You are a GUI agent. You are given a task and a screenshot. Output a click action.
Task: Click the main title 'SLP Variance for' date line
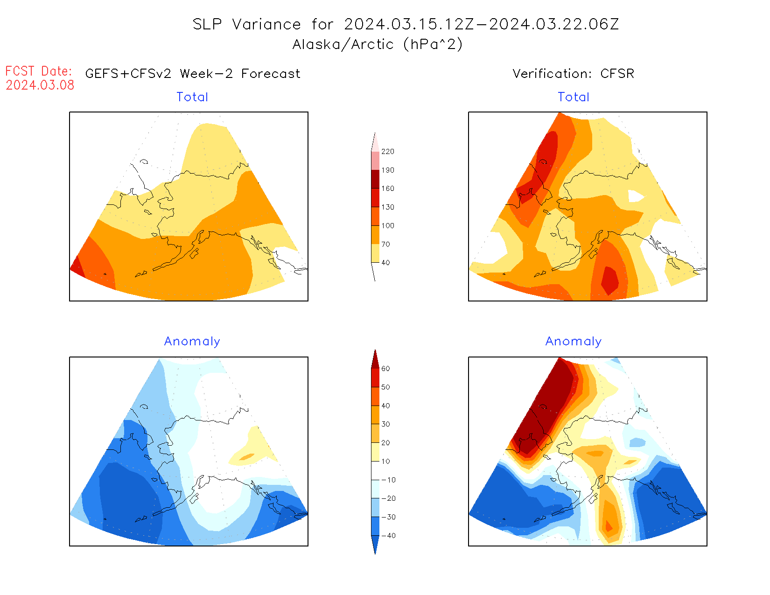click(406, 24)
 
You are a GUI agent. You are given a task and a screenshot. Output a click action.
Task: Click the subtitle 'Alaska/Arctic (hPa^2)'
click(378, 44)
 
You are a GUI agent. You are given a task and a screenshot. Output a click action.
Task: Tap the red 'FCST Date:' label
click(39, 71)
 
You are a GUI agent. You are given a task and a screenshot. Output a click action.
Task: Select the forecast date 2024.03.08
click(40, 85)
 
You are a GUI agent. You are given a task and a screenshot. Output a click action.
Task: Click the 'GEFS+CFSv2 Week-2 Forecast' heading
click(193, 74)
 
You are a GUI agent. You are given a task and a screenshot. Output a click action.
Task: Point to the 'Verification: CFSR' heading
click(573, 74)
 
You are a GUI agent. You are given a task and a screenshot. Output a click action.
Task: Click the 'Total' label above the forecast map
click(192, 97)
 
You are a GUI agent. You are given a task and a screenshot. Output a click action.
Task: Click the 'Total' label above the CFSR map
click(574, 97)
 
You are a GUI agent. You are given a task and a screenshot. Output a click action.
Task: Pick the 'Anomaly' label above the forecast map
click(192, 342)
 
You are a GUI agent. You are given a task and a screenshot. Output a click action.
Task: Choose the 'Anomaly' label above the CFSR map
click(574, 342)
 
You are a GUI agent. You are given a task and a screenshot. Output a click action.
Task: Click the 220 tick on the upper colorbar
click(387, 152)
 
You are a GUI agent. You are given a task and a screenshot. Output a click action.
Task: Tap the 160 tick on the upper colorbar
click(387, 189)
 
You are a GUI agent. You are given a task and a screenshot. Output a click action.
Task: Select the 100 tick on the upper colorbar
click(387, 226)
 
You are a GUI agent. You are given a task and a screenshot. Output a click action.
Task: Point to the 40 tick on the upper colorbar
click(385, 263)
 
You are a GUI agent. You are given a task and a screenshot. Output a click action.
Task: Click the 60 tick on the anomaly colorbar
click(385, 369)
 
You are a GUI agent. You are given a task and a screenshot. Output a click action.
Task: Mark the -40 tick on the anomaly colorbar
click(388, 536)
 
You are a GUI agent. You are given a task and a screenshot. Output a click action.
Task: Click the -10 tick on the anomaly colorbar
click(388, 480)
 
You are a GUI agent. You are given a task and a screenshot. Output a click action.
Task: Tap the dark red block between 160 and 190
click(375, 179)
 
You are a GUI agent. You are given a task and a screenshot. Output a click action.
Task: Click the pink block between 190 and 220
click(375, 161)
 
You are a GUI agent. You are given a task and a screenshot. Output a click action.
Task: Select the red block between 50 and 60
click(375, 378)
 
